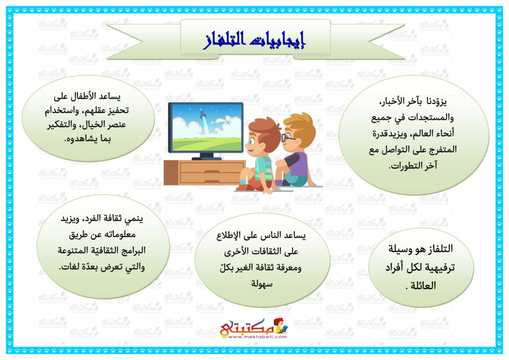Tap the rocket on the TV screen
point(203,114)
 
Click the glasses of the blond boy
point(287,138)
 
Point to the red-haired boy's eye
point(252,142)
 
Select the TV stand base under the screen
point(207,159)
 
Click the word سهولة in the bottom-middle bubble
point(261,284)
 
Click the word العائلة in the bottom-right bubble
point(423,285)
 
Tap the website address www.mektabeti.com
point(257,337)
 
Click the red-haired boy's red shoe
point(243,187)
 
